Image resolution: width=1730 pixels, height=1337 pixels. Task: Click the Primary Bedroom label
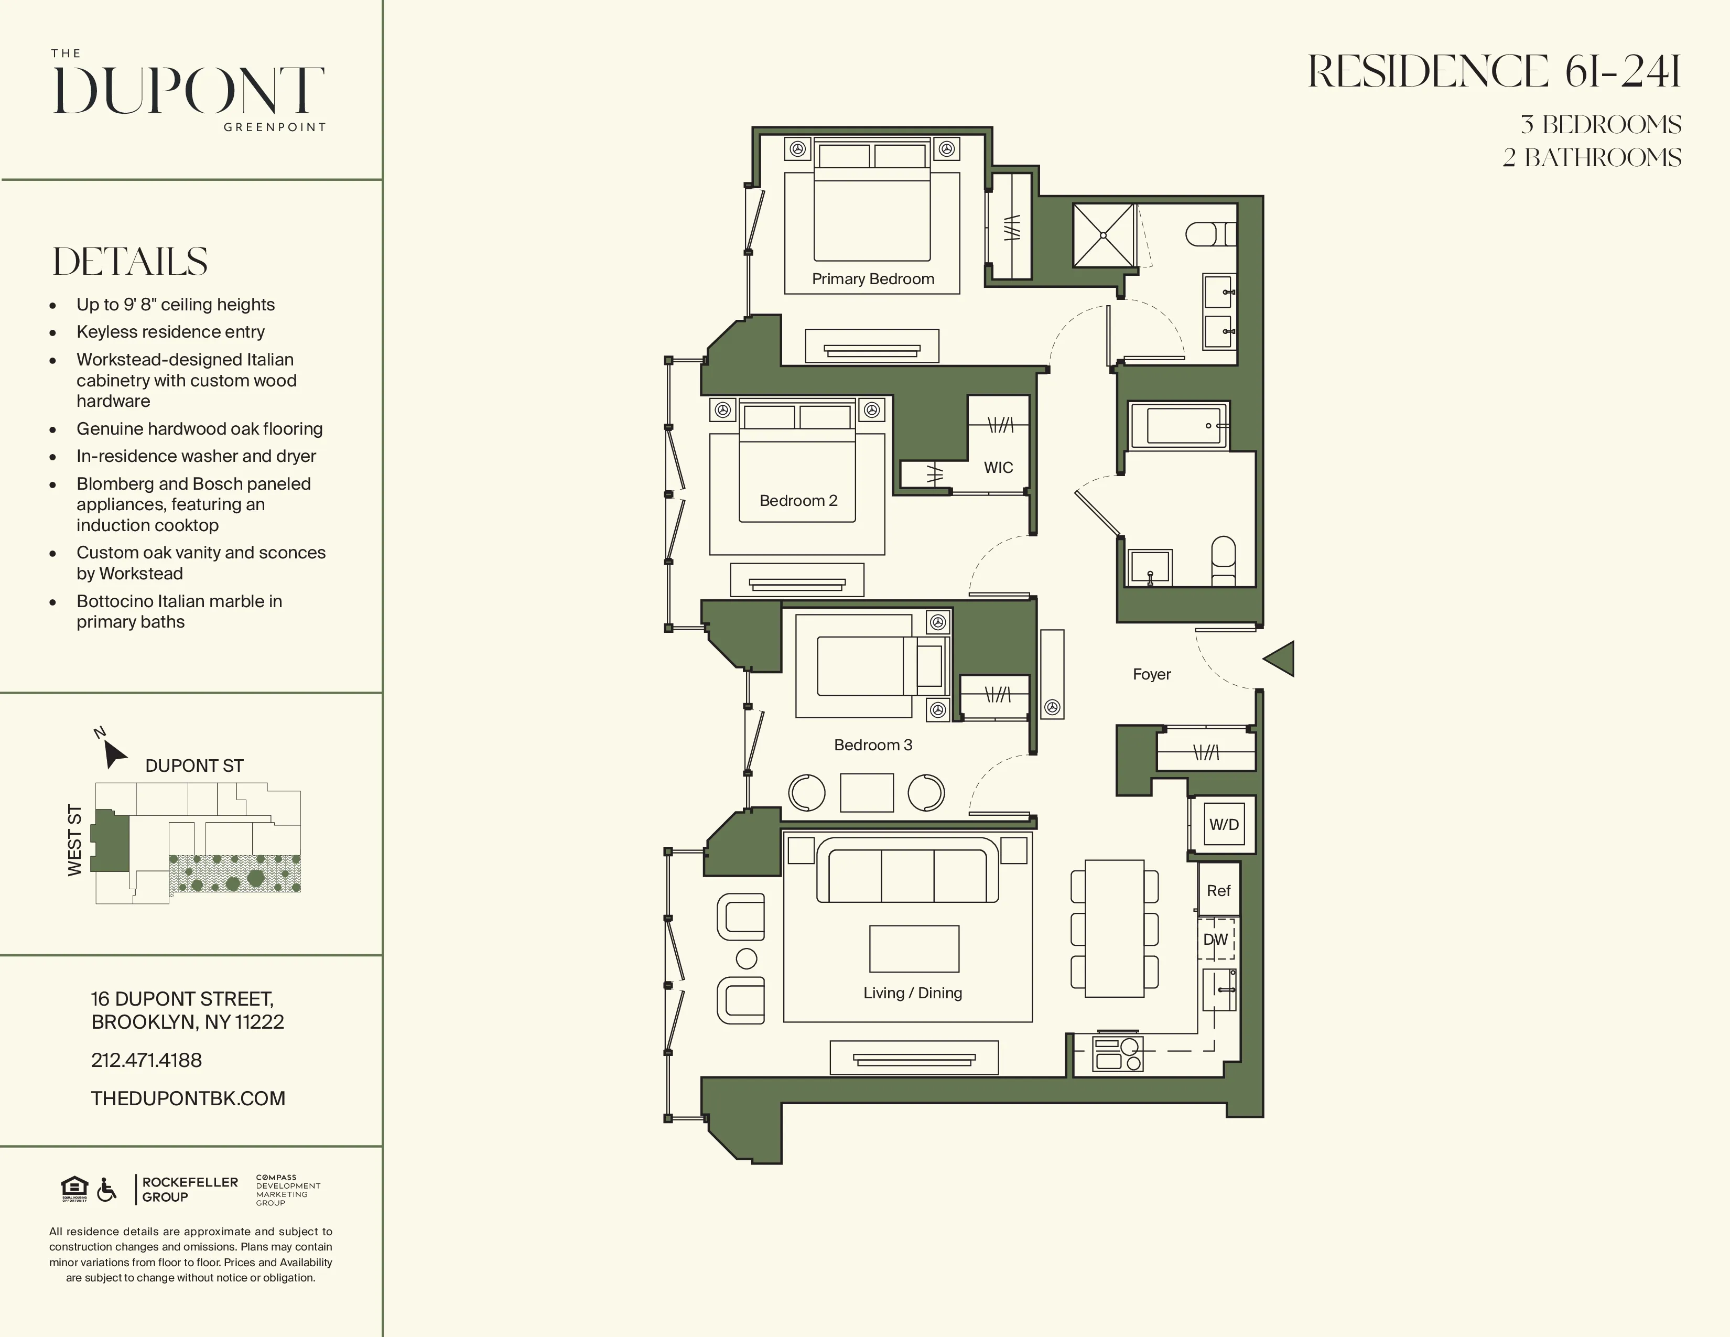tap(873, 279)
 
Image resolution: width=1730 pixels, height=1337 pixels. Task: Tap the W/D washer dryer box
tap(1223, 825)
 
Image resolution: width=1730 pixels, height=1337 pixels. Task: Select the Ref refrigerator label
tap(1218, 891)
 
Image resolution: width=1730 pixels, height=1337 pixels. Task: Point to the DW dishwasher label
tap(1215, 940)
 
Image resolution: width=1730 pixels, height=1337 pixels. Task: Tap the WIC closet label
tap(998, 467)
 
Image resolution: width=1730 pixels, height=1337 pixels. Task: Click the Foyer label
tap(1151, 674)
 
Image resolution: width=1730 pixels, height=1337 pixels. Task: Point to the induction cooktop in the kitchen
tap(1118, 1053)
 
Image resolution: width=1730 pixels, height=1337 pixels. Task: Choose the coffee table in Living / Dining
tap(914, 948)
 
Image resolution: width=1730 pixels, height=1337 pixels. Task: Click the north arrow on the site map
tap(114, 753)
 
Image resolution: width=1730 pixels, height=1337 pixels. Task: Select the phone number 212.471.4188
tap(147, 1060)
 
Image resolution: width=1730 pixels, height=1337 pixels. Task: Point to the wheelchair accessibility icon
tap(106, 1189)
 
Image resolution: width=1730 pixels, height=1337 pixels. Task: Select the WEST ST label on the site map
tap(75, 839)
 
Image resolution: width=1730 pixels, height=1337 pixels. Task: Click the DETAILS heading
tap(131, 262)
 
